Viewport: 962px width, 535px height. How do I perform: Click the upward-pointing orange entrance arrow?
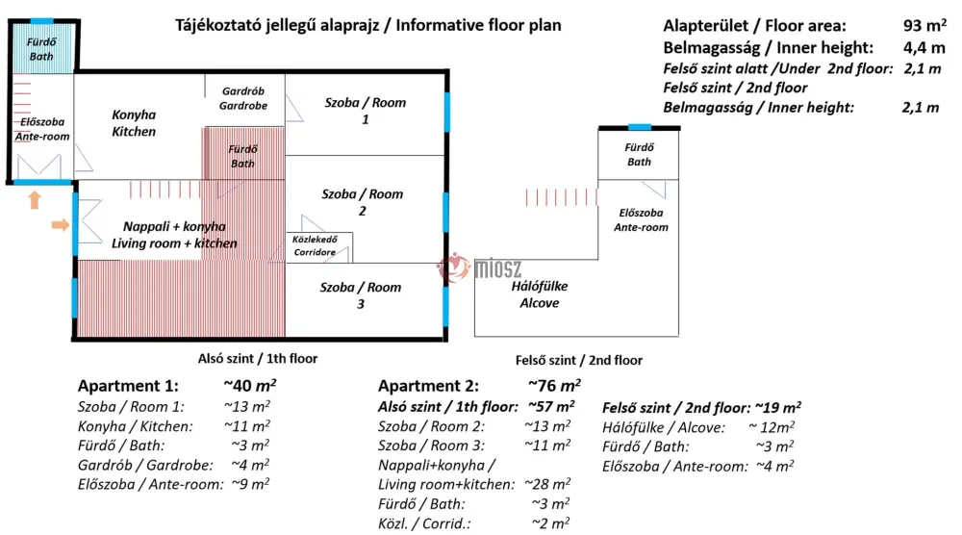click(x=35, y=199)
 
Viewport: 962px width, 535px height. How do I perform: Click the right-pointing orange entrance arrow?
click(x=60, y=224)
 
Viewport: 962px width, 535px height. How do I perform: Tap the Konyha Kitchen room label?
click(x=134, y=123)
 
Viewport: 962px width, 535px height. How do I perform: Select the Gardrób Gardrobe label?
click(x=243, y=98)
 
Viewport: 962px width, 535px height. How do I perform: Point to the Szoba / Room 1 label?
click(x=365, y=111)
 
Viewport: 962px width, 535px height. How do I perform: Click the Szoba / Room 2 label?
click(x=362, y=202)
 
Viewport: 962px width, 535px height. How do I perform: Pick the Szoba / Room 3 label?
click(x=360, y=295)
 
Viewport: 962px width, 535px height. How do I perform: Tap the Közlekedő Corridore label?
click(x=315, y=245)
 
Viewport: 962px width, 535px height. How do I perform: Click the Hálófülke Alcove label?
click(x=540, y=293)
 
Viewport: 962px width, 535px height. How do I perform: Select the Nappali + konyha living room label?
click(x=174, y=235)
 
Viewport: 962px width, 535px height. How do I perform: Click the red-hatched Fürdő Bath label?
click(x=242, y=156)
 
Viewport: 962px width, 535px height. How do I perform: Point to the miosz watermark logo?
click(x=480, y=267)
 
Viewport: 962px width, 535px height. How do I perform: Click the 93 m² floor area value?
click(x=924, y=25)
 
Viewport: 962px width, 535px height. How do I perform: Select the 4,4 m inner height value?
click(x=924, y=47)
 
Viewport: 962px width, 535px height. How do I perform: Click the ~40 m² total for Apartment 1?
click(x=250, y=385)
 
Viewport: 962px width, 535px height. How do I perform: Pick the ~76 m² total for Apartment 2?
click(x=554, y=385)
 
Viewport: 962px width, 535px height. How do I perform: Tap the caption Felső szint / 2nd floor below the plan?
click(x=578, y=360)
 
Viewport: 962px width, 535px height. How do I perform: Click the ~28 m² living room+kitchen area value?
click(x=547, y=483)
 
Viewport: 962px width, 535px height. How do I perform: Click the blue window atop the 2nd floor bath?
click(x=640, y=127)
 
